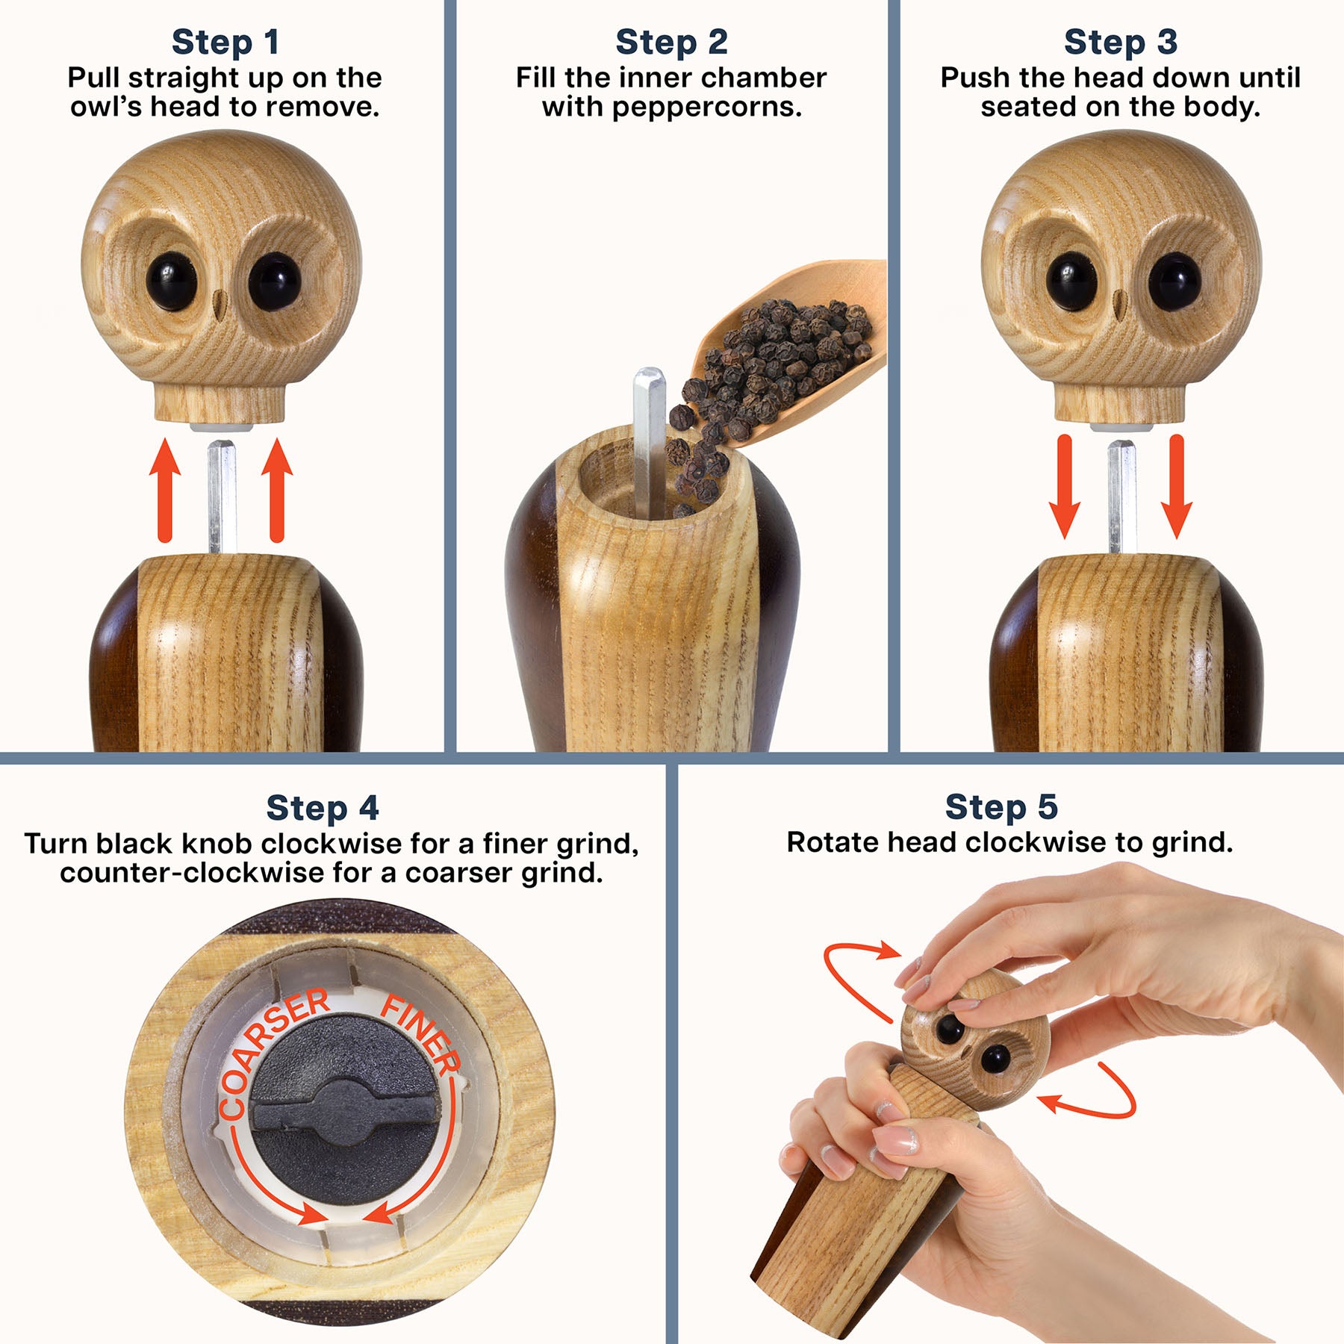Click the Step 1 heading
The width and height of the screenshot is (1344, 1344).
225,43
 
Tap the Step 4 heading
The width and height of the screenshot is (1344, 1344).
323,809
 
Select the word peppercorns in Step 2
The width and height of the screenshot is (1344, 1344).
706,108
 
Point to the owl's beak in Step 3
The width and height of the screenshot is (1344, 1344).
1119,302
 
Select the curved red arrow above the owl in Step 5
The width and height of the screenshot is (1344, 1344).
859,971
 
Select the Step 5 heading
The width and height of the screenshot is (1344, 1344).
1001,807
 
